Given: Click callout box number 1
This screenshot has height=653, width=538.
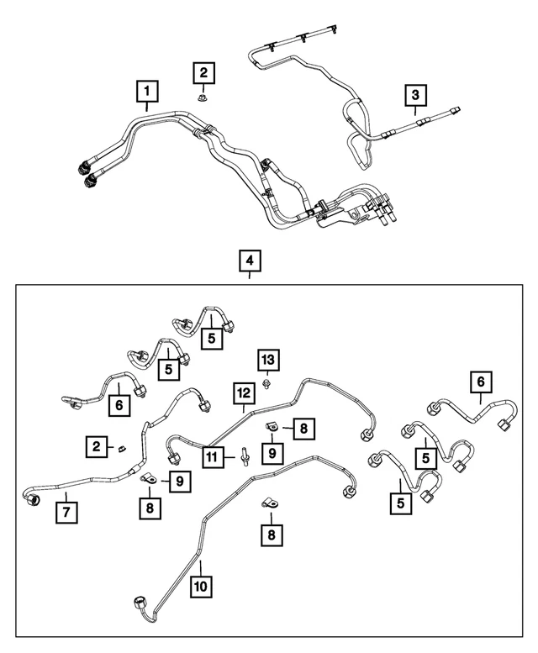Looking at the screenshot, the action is [147, 92].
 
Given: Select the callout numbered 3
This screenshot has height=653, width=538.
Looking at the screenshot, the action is [415, 95].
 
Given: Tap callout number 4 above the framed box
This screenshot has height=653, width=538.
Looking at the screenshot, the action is [250, 261].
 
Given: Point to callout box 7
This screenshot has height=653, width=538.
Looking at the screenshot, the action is [66, 513].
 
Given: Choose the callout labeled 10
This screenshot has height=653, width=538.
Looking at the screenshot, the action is [201, 587].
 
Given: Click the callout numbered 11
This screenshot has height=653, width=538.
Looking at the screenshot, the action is [213, 458].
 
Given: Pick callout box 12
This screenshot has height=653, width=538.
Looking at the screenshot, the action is [244, 393].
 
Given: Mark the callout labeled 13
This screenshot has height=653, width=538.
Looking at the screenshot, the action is [269, 360].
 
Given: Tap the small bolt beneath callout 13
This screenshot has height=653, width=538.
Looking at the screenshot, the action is [266, 383].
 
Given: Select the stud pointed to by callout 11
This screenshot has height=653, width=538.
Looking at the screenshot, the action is [245, 456].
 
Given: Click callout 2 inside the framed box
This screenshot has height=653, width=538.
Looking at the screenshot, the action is [97, 447].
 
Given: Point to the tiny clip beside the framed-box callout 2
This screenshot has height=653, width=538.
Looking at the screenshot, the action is [122, 449].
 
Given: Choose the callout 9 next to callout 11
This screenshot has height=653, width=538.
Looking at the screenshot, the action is [272, 453].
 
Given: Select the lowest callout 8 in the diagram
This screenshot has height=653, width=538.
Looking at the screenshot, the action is [272, 535].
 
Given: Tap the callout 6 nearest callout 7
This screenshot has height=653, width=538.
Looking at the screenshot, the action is [119, 405].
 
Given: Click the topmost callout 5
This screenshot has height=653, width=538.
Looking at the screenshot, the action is [212, 338].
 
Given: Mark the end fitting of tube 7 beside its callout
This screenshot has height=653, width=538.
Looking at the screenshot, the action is [32, 499].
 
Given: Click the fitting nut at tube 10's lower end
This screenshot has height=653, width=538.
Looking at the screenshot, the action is [140, 603].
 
